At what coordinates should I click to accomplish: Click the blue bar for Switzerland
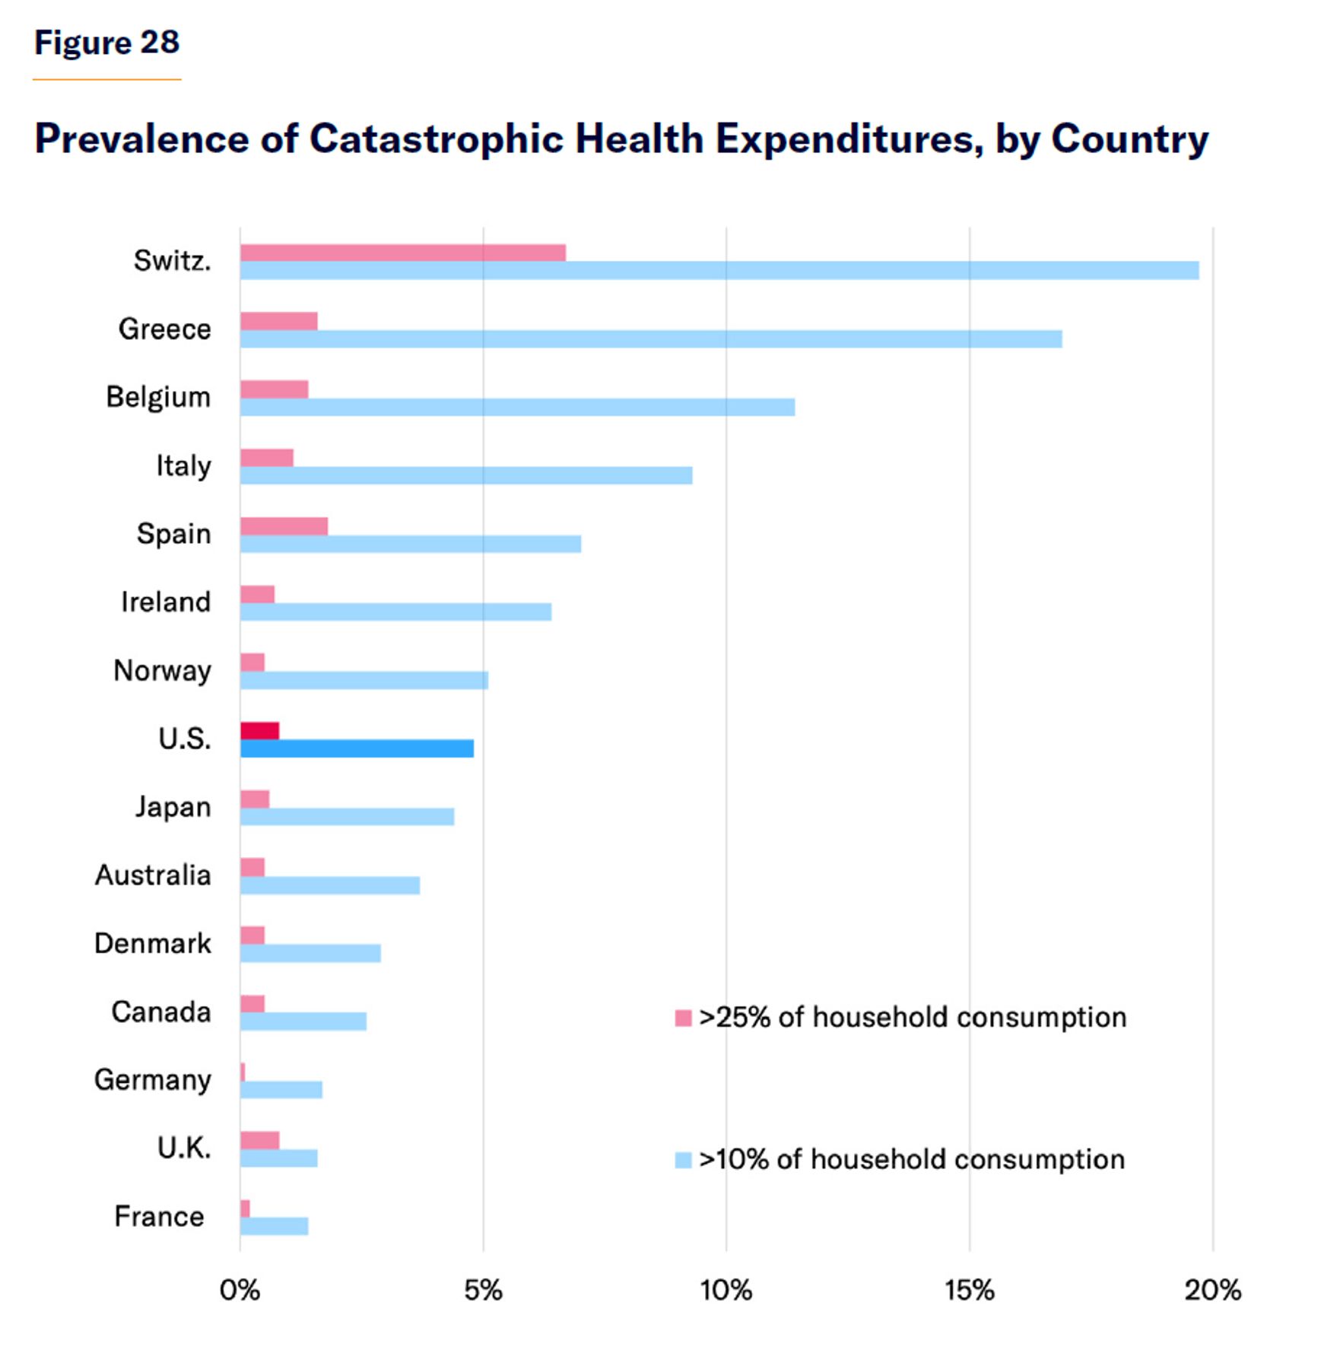pyautogui.click(x=719, y=270)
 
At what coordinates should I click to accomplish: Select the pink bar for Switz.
pyautogui.click(x=403, y=253)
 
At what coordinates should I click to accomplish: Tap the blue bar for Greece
pyautogui.click(x=651, y=338)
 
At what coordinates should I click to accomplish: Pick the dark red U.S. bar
pyautogui.click(x=259, y=731)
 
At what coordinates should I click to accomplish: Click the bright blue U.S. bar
pyautogui.click(x=357, y=748)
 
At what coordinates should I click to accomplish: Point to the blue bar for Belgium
pyautogui.click(x=517, y=407)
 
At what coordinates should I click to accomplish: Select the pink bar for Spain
pyautogui.click(x=284, y=526)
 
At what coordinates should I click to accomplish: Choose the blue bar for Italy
pyautogui.click(x=466, y=475)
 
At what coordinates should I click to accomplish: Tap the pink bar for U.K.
pyautogui.click(x=259, y=1140)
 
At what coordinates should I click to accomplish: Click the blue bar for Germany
pyautogui.click(x=281, y=1089)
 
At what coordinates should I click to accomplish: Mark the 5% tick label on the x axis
pyautogui.click(x=484, y=1290)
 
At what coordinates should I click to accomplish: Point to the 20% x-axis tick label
pyautogui.click(x=1213, y=1290)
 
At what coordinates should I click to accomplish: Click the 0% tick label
pyautogui.click(x=240, y=1290)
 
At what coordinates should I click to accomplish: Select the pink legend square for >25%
pyautogui.click(x=683, y=1018)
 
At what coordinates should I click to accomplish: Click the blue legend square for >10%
pyautogui.click(x=683, y=1160)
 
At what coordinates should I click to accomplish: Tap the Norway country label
pyautogui.click(x=162, y=671)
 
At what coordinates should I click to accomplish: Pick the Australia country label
pyautogui.click(x=153, y=875)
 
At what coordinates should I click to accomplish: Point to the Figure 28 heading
pyautogui.click(x=106, y=43)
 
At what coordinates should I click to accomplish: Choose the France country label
pyautogui.click(x=159, y=1216)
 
